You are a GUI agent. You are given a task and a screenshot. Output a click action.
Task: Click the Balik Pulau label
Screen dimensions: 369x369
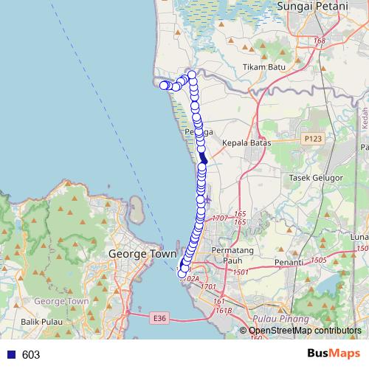pos(39,323)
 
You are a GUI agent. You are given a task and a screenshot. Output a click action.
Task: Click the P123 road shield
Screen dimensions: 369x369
pos(312,137)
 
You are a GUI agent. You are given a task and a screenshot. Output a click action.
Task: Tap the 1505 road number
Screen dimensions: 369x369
pos(318,260)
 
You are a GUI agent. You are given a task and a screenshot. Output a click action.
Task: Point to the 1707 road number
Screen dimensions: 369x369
pos(219,218)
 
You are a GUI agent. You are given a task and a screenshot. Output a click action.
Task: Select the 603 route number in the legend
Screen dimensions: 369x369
pos(31,355)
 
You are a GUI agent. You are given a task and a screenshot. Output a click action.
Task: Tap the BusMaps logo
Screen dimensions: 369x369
pos(336,354)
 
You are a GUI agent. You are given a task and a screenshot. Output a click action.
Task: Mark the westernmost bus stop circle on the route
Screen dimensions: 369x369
pos(165,86)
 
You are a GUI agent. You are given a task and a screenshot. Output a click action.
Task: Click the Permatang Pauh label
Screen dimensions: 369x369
pos(232,255)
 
